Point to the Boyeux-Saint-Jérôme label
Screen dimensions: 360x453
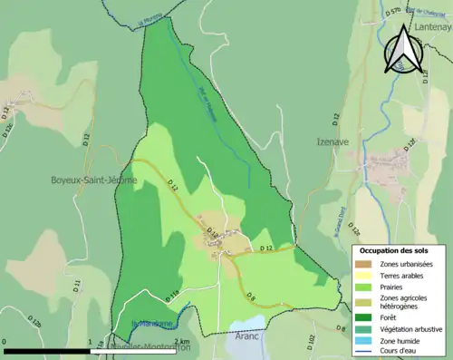tap(94, 180)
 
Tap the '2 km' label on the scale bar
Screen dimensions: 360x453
tap(185, 342)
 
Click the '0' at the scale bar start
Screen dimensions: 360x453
tap(5, 342)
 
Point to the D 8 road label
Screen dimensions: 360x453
tap(252, 297)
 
